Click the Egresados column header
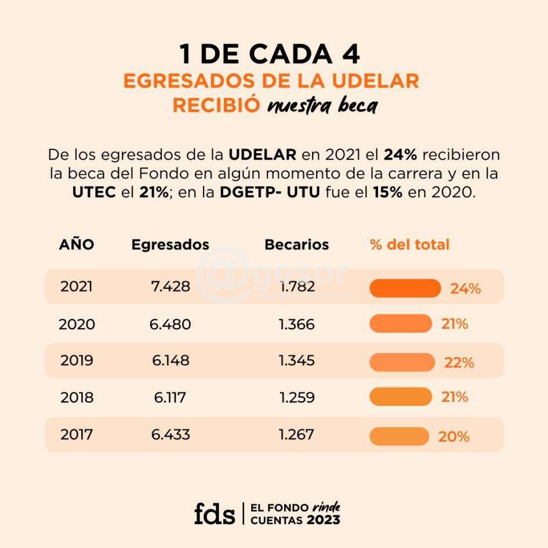[x=170, y=245]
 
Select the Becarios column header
[x=296, y=245]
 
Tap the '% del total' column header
[x=409, y=245]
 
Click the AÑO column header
[x=76, y=245]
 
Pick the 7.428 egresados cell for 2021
[x=170, y=286]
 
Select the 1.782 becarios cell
[x=296, y=286]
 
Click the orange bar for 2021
[x=405, y=288]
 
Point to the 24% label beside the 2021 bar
[x=465, y=289]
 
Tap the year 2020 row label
[x=77, y=324]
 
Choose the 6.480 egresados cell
[x=170, y=324]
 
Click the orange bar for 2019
[x=402, y=362]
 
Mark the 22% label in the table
[x=459, y=363]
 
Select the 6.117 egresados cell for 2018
[x=170, y=398]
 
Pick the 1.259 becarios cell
[x=296, y=398]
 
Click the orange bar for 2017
[x=399, y=436]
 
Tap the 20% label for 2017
[x=453, y=437]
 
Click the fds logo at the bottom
[x=215, y=513]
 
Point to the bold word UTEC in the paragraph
[x=95, y=192]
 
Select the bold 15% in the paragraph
[x=387, y=192]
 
